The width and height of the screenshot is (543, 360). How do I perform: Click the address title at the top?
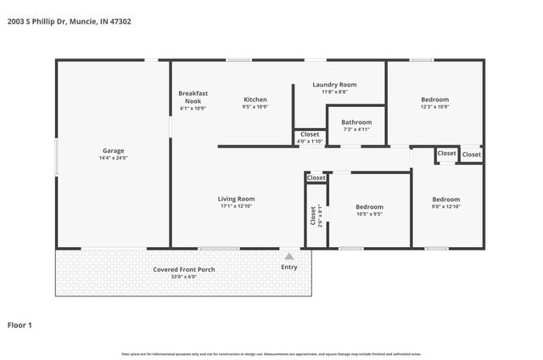click(x=70, y=21)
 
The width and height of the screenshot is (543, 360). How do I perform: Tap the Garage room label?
click(x=114, y=151)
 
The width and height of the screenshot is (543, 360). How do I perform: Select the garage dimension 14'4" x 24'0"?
click(x=114, y=158)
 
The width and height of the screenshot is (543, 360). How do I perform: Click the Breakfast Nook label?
click(x=193, y=97)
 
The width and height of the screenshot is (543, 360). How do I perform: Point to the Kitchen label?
click(x=255, y=99)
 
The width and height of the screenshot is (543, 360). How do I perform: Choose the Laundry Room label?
click(x=333, y=85)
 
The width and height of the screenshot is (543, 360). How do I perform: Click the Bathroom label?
click(x=356, y=122)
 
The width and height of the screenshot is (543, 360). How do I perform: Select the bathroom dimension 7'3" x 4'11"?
click(x=356, y=130)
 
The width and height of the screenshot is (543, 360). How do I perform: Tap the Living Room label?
click(x=237, y=199)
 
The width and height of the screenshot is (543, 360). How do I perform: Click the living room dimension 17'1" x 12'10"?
click(x=237, y=206)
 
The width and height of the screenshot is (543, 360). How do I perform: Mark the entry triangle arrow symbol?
click(x=289, y=256)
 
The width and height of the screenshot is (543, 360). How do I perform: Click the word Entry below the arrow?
click(x=289, y=267)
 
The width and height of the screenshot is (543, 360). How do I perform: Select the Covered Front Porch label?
click(x=184, y=269)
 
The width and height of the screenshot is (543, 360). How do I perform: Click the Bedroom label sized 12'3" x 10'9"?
click(x=435, y=99)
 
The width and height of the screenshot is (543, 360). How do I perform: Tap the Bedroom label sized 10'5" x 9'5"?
click(x=369, y=207)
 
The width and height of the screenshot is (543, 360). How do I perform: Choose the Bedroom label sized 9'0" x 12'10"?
click(x=446, y=200)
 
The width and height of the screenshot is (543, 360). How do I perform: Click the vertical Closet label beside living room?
click(x=313, y=214)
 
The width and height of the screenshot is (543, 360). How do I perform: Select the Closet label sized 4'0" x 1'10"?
click(x=310, y=134)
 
